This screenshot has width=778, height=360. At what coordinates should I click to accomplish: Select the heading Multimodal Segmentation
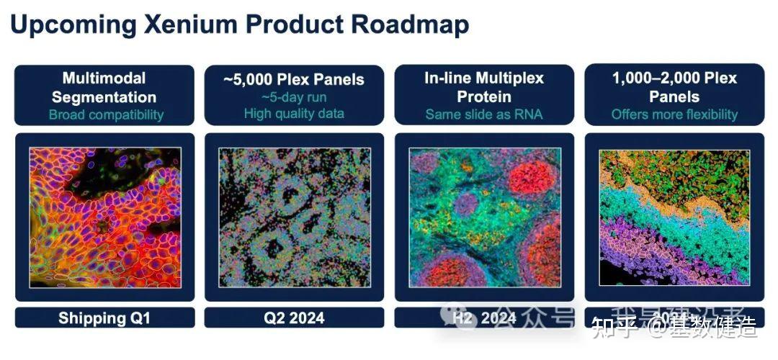[x=104, y=87]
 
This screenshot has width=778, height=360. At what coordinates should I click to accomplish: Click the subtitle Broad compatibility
[x=106, y=114]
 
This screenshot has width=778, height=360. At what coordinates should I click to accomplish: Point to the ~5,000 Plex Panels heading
[x=294, y=79]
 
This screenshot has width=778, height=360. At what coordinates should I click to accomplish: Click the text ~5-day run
[x=293, y=96]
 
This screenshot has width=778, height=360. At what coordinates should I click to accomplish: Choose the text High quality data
[x=293, y=113]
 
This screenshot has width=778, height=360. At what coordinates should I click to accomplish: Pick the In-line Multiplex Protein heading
[x=484, y=87]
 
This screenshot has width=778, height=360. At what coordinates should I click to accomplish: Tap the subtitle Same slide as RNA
[x=484, y=114]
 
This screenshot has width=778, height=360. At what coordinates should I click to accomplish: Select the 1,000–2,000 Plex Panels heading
[x=674, y=87]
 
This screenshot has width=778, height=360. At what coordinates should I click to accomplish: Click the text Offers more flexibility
[x=674, y=114]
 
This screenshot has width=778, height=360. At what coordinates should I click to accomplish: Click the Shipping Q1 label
[x=104, y=318]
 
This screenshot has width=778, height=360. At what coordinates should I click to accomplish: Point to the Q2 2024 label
[x=294, y=318]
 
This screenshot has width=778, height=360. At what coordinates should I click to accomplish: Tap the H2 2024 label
[x=484, y=318]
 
